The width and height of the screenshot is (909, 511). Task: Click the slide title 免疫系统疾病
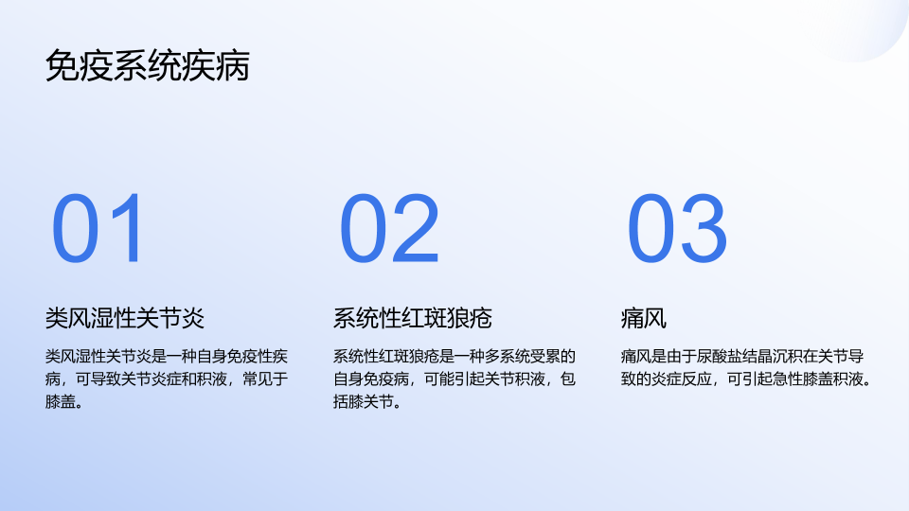[x=148, y=65]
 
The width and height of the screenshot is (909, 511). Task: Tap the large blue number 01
[x=97, y=228]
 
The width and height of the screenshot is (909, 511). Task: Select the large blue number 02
[x=389, y=228]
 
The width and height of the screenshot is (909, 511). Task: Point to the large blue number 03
[x=676, y=228]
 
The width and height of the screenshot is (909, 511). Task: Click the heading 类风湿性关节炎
[x=125, y=318]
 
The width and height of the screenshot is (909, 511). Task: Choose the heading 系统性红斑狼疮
[x=412, y=318]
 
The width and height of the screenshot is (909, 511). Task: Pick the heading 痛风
[x=644, y=318]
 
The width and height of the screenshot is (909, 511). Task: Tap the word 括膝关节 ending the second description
[x=363, y=401]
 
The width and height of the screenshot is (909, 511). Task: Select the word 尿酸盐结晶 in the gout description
[x=735, y=356]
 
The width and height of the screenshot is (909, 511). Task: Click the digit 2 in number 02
[x=415, y=228]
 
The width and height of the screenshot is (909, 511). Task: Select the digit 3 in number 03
[x=704, y=228]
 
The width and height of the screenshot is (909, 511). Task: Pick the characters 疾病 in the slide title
[x=216, y=65]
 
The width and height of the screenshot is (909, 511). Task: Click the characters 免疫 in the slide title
[x=79, y=65]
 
